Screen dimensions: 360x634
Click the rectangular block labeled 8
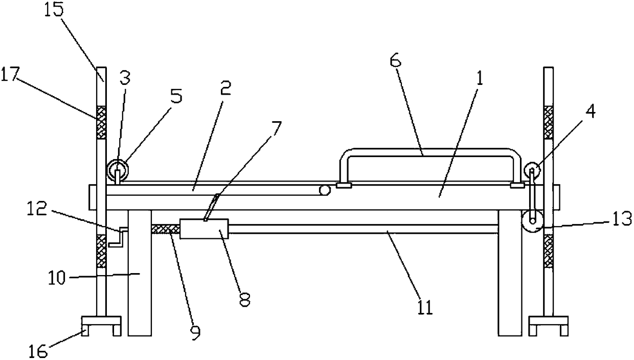tap(204, 229)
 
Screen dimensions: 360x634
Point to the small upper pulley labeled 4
tap(532, 170)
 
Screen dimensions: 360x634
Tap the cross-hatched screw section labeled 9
tap(165, 229)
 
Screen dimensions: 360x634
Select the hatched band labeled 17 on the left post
tap(101, 122)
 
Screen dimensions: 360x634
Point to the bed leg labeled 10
tap(140, 276)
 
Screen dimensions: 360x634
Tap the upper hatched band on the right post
tap(549, 122)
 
